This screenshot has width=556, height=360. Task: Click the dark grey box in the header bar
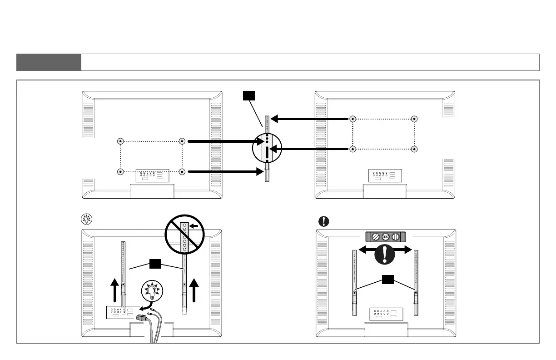49,62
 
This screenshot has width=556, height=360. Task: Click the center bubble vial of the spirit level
385,236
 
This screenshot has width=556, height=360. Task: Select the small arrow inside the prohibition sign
194,225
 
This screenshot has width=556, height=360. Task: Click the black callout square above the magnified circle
248,95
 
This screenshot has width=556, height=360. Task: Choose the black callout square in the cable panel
155,263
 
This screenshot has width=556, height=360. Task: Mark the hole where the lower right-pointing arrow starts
182,172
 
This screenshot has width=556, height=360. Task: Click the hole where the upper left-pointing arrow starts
352,119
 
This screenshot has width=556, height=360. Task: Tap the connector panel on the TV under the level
385,315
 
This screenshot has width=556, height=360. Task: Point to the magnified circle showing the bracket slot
267,147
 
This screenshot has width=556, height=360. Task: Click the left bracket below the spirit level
354,282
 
